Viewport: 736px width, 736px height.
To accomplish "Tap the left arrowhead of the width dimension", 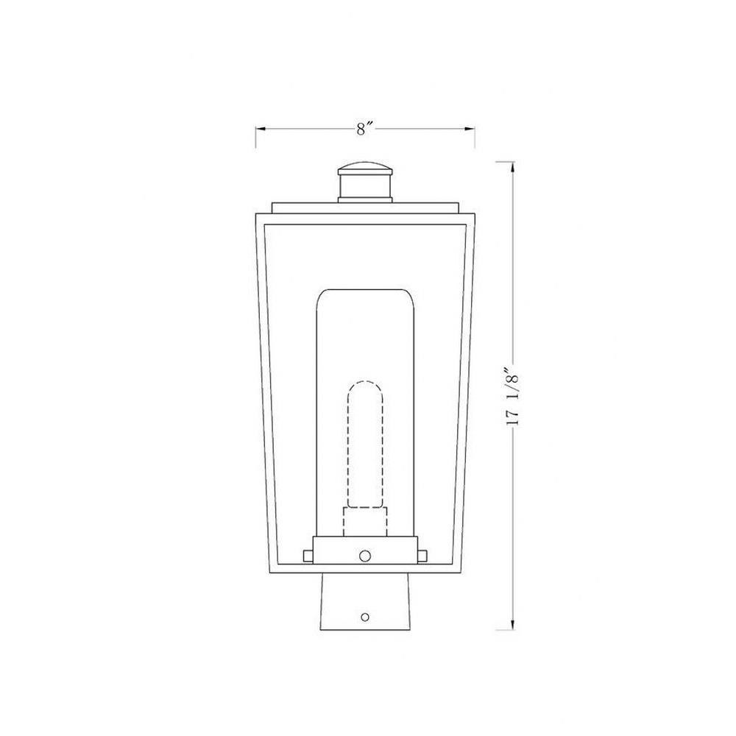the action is (261, 129).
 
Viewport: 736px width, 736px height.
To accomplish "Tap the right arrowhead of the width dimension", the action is (470, 129).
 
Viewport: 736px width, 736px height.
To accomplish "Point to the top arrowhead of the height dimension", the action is (512, 167).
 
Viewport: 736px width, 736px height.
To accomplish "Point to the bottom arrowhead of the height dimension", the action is (512, 624).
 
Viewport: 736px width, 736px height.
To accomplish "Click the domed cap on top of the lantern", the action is (365, 168).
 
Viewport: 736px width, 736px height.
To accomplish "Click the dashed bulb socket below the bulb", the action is (365, 522).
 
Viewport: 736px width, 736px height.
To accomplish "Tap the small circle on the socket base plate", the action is (365, 556).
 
